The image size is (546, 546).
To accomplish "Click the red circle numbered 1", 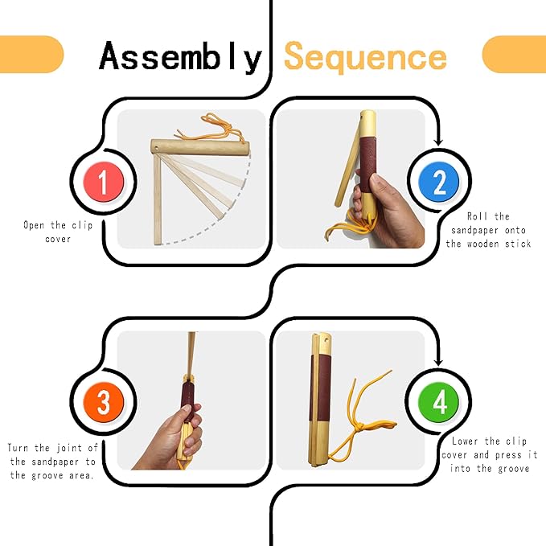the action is [104, 182].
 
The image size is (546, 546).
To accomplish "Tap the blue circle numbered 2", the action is [439, 182].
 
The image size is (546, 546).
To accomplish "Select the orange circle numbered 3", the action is [104, 402].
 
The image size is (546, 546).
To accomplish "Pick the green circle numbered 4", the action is [438, 402].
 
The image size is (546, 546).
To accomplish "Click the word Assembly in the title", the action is [180, 56].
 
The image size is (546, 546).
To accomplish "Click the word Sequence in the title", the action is [365, 57].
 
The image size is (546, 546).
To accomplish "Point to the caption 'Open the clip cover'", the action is [58, 232].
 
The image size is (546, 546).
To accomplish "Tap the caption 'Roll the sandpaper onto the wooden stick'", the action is [488, 230].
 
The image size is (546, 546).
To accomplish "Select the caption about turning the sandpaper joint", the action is [52, 462].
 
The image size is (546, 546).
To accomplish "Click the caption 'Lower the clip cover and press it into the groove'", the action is [490, 455].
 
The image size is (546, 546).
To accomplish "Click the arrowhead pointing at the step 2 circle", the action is [439, 142].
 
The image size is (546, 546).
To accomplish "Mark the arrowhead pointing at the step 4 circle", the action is [438, 362].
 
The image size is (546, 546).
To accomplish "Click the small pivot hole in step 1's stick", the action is [156, 149].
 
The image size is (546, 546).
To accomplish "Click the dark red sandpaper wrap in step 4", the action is [320, 388].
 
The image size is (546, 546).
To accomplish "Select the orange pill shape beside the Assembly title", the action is [31, 55].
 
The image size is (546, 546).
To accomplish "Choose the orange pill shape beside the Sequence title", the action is [514, 55].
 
